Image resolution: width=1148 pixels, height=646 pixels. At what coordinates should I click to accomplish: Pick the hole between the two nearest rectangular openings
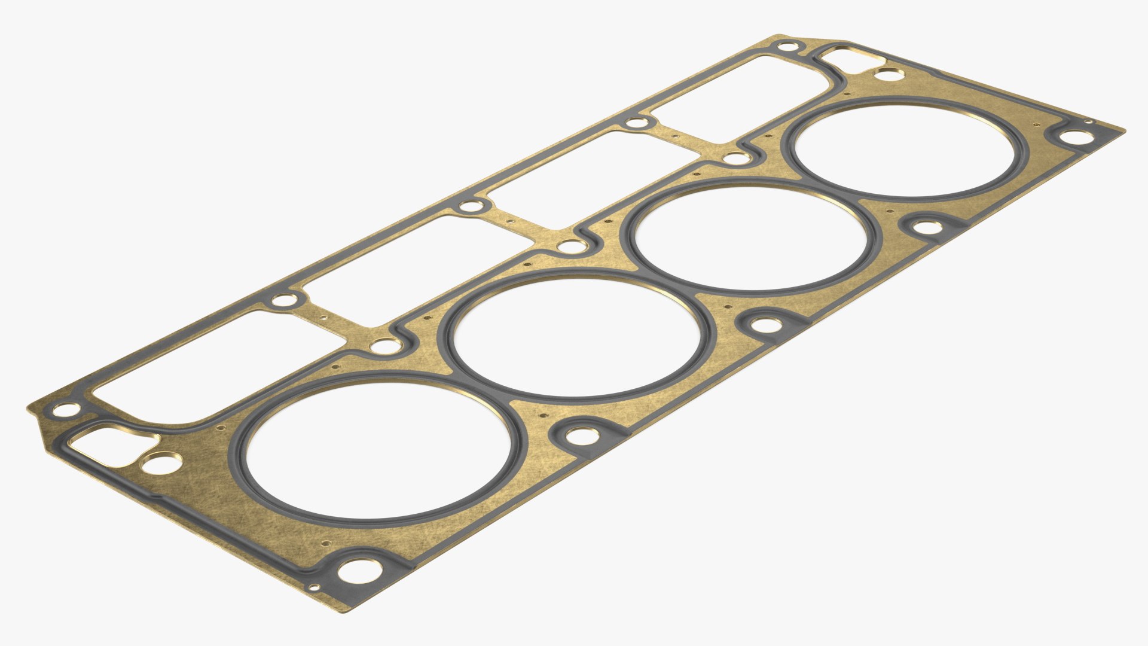(x=283, y=300)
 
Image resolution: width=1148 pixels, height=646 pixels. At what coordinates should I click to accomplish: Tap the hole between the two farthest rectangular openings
(x=636, y=124)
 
